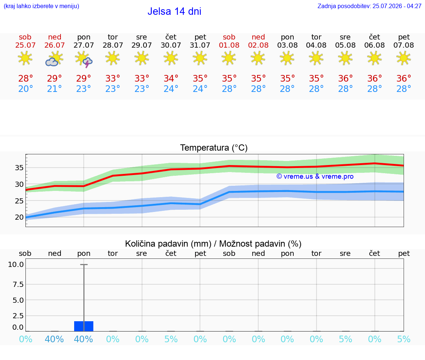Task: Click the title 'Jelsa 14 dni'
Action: (174, 11)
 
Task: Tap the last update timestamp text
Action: (369, 6)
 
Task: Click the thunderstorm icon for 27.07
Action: (84, 59)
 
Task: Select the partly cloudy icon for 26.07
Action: (54, 59)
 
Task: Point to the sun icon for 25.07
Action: (25, 58)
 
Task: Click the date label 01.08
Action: (229, 45)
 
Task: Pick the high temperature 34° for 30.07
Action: (171, 79)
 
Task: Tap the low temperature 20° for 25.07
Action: (25, 89)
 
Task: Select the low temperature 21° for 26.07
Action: (55, 89)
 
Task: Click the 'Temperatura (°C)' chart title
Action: (214, 148)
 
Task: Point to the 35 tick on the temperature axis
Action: (19, 168)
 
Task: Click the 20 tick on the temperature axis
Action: (19, 217)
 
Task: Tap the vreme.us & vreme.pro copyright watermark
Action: (315, 176)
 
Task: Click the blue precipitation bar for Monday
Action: (84, 326)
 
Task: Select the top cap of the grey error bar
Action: (84, 264)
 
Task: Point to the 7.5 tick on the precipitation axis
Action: (18, 284)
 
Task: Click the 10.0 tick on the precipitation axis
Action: (16, 264)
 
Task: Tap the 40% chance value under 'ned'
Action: (55, 339)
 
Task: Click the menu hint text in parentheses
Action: (41, 6)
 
